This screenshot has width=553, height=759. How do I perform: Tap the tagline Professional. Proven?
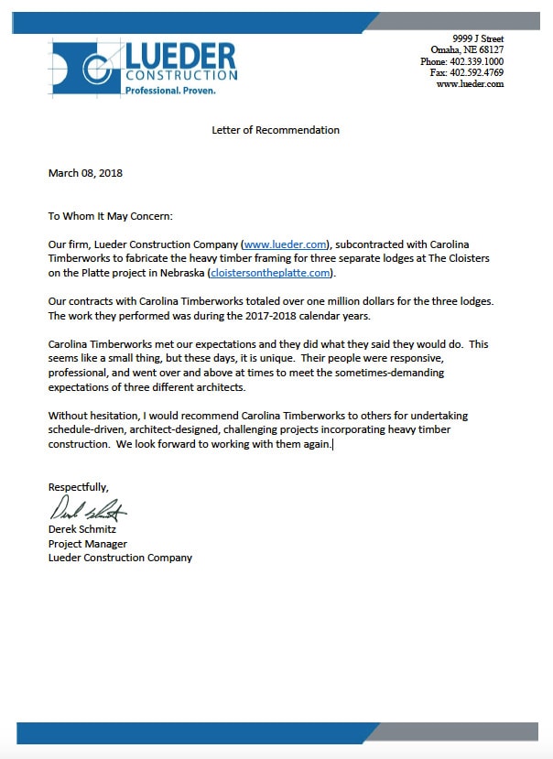[x=169, y=91]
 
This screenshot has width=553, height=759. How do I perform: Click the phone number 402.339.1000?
[x=478, y=61]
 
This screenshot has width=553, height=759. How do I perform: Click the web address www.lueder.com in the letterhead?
[x=470, y=83]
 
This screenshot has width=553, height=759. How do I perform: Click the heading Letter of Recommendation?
[x=276, y=130]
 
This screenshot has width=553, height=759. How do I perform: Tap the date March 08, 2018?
[x=85, y=173]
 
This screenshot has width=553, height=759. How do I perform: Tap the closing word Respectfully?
[x=78, y=487]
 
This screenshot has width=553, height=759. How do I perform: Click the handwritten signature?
[x=88, y=509]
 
